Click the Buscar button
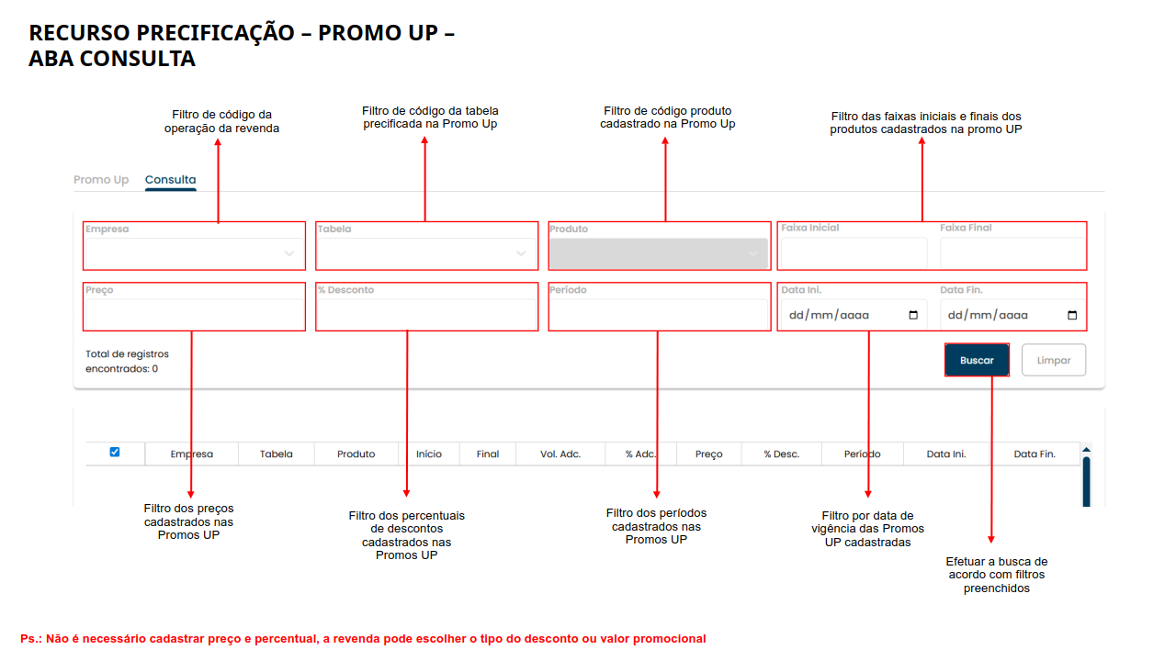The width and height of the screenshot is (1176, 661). click(x=977, y=360)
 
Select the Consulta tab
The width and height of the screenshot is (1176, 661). click(x=170, y=180)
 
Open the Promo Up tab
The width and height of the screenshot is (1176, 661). click(x=101, y=180)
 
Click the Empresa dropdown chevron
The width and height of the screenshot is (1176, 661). click(x=288, y=253)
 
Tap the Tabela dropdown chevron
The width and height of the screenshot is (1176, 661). click(x=521, y=253)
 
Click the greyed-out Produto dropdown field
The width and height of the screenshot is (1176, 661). click(x=659, y=253)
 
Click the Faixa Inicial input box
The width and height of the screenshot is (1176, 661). click(x=854, y=252)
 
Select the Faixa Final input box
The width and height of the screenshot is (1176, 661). click(x=1012, y=252)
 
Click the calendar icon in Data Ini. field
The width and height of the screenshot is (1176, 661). click(x=913, y=315)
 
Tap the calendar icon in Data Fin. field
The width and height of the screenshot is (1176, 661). click(x=1072, y=315)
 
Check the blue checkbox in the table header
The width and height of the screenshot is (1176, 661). click(x=115, y=452)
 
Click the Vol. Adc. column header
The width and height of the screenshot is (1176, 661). click(x=560, y=454)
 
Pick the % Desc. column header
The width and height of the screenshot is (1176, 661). click(x=781, y=454)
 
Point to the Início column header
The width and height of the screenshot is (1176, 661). click(x=429, y=454)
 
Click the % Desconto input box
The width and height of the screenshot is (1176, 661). click(x=426, y=314)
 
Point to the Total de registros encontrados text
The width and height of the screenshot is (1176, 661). click(x=127, y=361)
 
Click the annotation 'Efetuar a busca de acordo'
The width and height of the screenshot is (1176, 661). click(x=997, y=567)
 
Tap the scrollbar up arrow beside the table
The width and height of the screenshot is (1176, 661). click(x=1086, y=450)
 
